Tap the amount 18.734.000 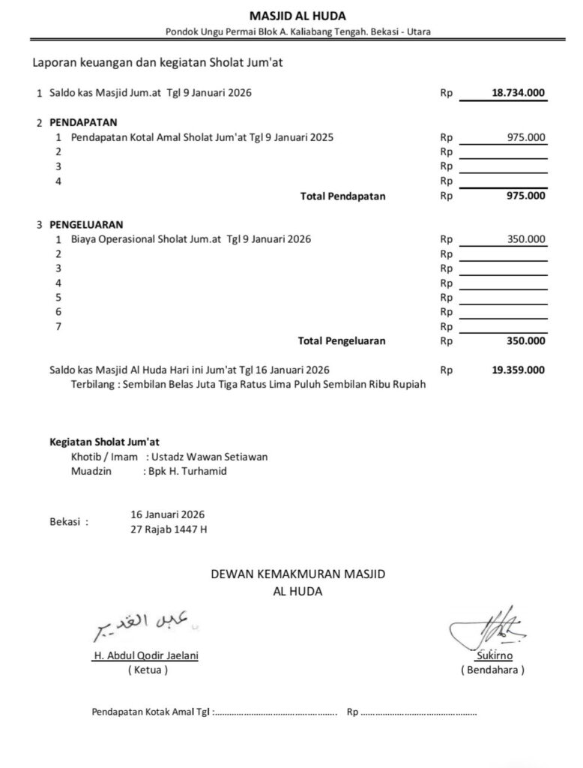519,94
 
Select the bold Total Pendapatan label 342,196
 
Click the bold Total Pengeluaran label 342,341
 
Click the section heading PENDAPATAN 82,122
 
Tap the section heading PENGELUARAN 86,224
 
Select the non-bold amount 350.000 526,239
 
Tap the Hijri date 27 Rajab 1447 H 169,529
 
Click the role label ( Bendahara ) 492,670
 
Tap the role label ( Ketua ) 148,670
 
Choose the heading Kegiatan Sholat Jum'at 104,442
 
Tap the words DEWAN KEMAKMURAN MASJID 297,575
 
